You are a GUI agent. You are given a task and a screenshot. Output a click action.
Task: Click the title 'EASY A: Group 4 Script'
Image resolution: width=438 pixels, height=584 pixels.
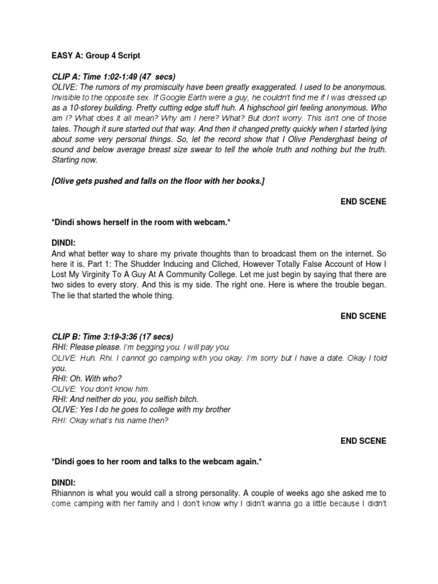pos(96,56)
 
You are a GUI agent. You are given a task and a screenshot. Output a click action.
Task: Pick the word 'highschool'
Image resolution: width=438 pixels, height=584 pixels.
pos(261,108)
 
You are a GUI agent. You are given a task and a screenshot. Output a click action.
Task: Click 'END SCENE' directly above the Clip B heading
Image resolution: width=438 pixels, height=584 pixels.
pos(363,316)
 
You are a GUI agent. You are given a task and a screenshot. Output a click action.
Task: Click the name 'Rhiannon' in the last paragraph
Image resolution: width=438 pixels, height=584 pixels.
pos(71,493)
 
